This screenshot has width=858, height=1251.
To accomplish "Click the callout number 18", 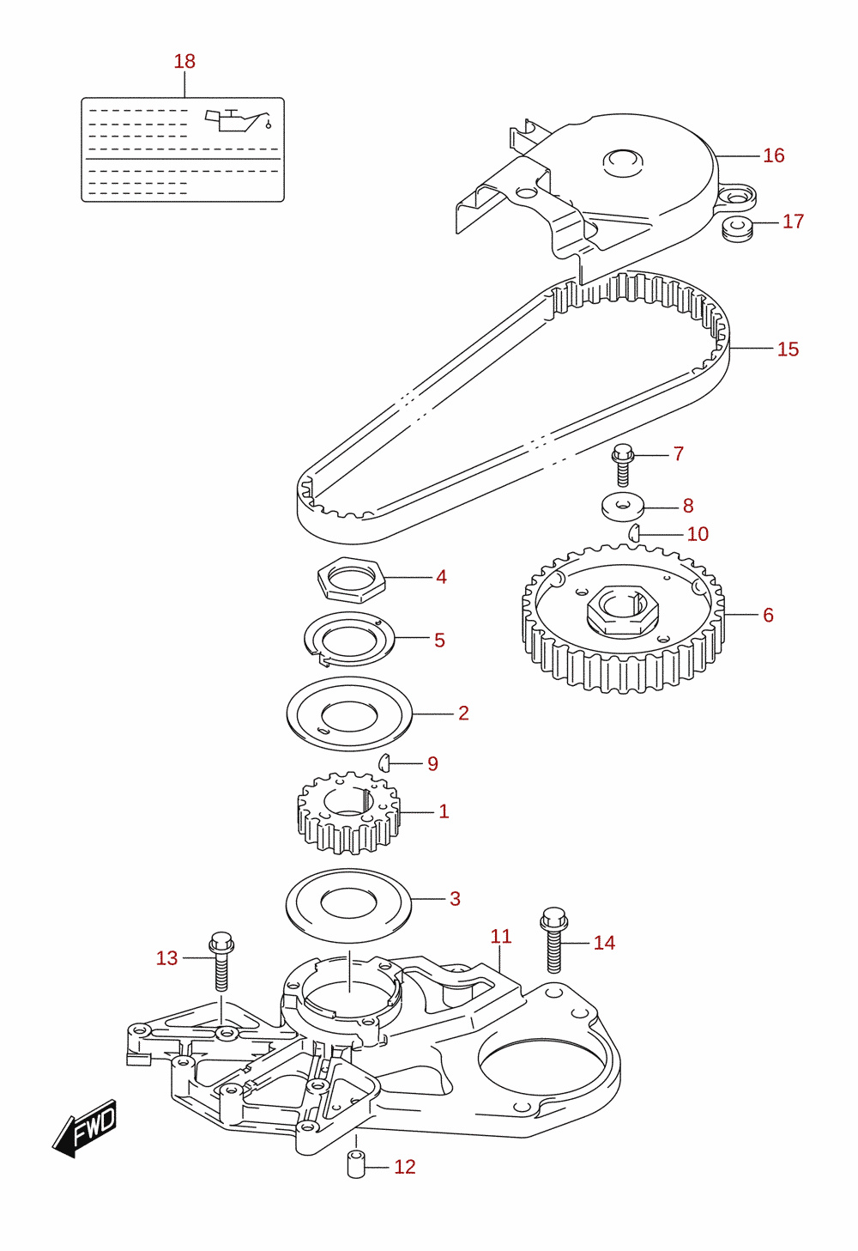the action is [x=184, y=62].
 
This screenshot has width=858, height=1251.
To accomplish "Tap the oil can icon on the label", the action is [x=239, y=119].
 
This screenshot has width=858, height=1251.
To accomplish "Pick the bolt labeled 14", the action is [x=553, y=940].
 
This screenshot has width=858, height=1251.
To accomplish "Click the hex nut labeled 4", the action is [x=351, y=580].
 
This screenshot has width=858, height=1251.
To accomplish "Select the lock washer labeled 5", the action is [x=349, y=639].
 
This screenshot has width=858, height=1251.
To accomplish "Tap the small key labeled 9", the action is [x=383, y=762].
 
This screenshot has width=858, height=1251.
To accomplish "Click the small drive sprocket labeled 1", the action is [x=349, y=812].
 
